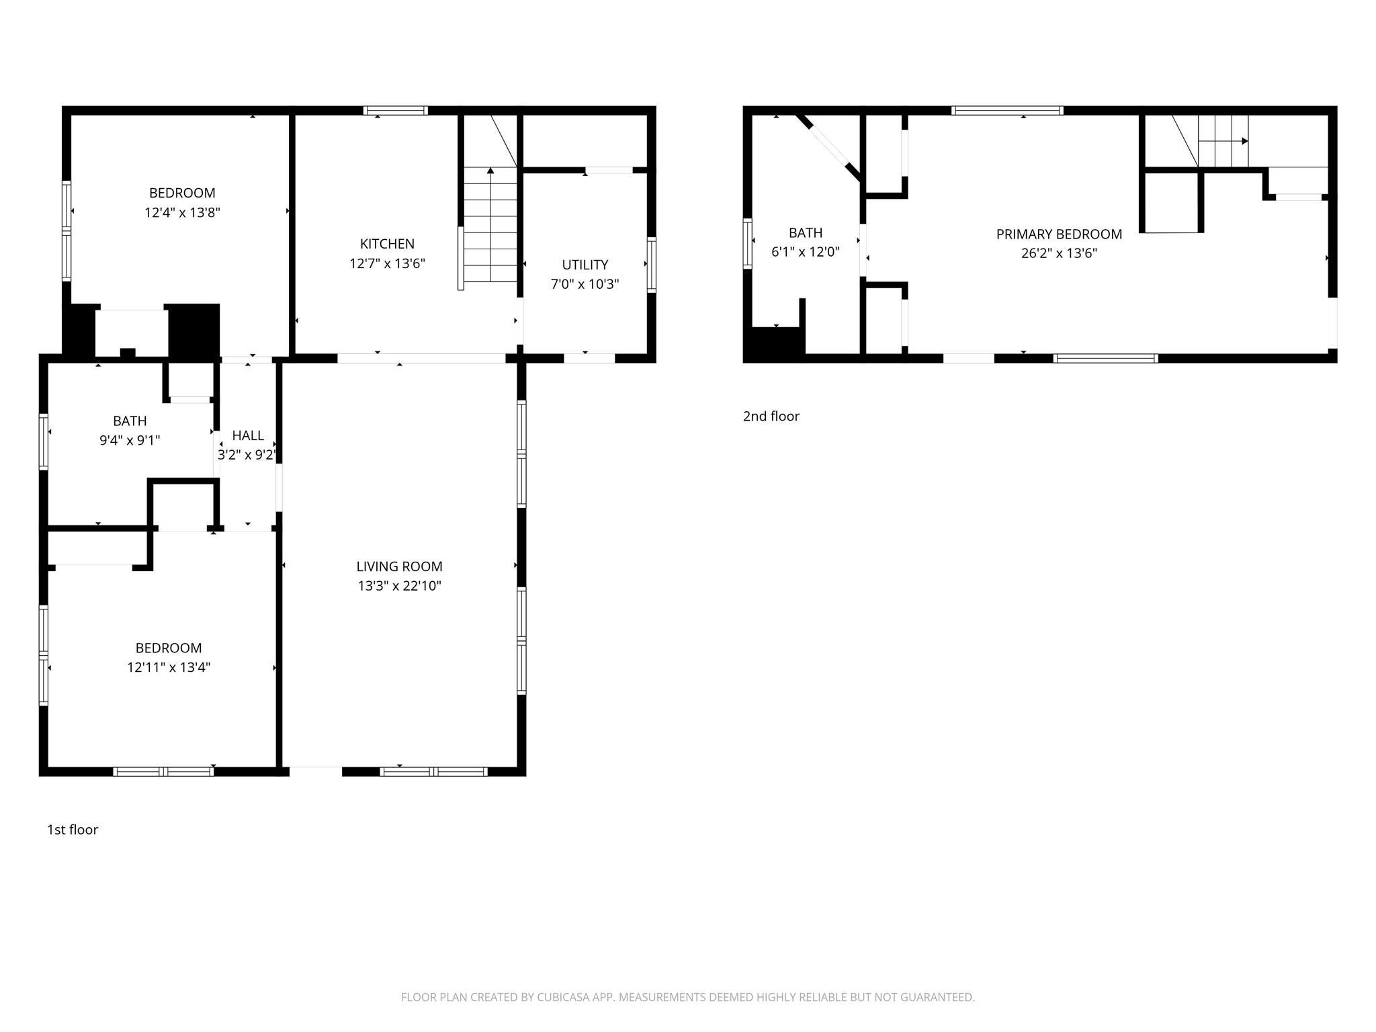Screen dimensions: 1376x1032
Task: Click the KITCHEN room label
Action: click(x=387, y=244)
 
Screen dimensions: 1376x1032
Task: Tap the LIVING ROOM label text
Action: click(x=399, y=566)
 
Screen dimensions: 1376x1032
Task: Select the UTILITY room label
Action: click(x=585, y=265)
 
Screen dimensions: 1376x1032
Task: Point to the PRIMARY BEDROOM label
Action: click(x=1059, y=234)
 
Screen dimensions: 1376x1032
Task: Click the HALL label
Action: click(x=248, y=435)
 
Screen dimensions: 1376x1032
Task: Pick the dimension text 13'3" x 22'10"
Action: click(x=399, y=586)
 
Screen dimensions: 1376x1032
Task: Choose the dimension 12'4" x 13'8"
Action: click(x=182, y=213)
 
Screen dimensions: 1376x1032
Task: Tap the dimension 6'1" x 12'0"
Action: click(x=806, y=253)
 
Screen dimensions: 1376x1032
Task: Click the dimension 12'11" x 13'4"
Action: click(x=169, y=668)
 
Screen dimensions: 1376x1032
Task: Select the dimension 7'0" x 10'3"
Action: click(x=585, y=284)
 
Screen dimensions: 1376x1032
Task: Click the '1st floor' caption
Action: click(x=73, y=830)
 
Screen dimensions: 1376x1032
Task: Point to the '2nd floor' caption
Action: click(x=771, y=417)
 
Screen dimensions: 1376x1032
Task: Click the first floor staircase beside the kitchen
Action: click(x=490, y=224)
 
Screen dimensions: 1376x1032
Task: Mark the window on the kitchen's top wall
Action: click(x=396, y=111)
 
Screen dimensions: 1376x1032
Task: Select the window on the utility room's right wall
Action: click(x=651, y=265)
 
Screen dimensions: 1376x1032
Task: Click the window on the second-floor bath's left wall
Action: click(x=747, y=243)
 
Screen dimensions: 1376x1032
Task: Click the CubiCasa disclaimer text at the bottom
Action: click(x=688, y=997)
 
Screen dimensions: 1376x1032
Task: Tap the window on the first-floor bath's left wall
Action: click(x=44, y=441)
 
